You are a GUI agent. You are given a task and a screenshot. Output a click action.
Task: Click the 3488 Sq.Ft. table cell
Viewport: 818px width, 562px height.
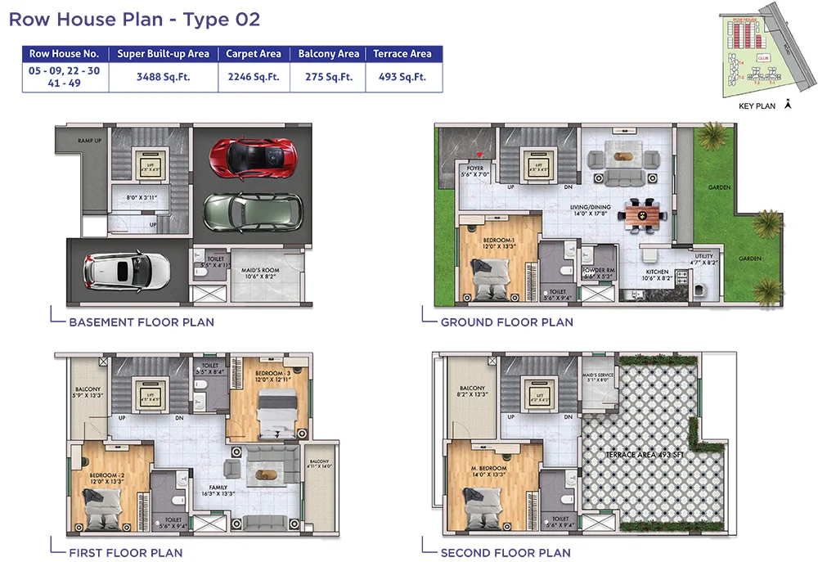[163, 77]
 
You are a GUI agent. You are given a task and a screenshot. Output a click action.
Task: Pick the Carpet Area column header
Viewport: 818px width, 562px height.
[254, 54]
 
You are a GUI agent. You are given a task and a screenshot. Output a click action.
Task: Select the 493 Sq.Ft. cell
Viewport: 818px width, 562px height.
[402, 77]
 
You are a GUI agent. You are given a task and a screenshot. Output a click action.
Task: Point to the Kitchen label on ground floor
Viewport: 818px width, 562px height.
[657, 272]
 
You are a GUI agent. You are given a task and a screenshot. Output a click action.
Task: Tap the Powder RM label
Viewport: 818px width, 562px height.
[599, 270]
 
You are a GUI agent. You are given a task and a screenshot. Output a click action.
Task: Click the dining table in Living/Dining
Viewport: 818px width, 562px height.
[644, 214]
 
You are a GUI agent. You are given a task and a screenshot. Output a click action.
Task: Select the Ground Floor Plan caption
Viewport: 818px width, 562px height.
[506, 322]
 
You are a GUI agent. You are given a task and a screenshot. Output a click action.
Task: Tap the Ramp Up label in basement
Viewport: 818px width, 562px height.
[89, 141]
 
